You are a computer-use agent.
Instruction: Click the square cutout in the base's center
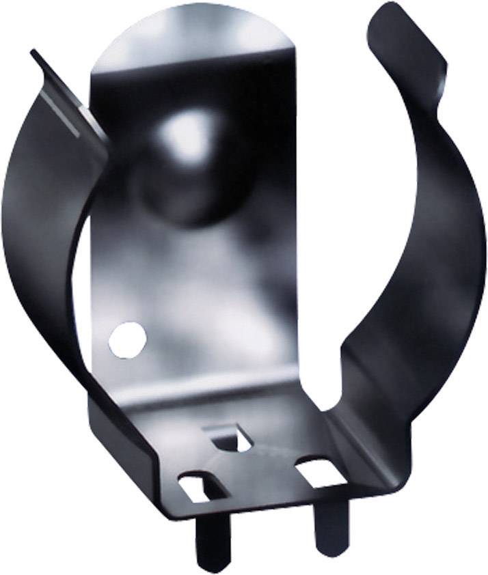pyautogui.click(x=230, y=438)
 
